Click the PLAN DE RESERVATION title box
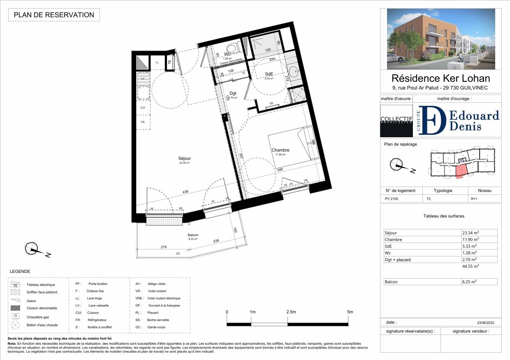54,15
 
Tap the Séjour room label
185,158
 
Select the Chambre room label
280,150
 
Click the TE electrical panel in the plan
169,62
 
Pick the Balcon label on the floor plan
193,235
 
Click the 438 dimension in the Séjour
186,192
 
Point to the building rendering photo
440,39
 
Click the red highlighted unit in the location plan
462,170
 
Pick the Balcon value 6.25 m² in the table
469,282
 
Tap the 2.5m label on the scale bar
291,312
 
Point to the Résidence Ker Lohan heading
440,78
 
